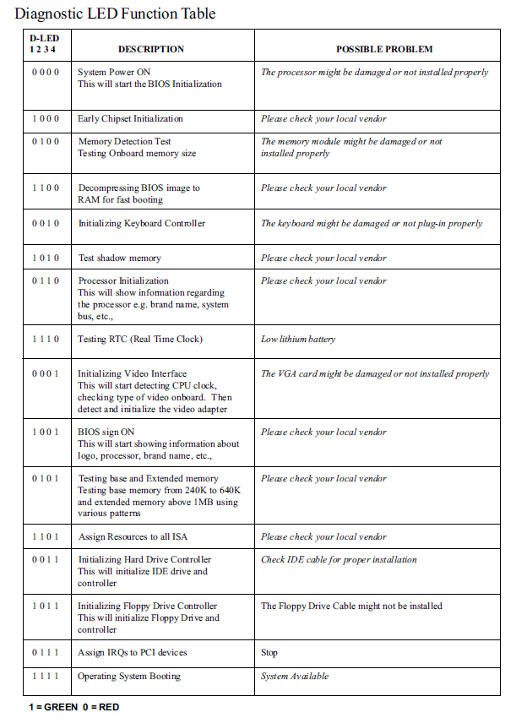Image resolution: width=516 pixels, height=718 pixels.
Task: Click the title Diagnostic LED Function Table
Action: (115, 14)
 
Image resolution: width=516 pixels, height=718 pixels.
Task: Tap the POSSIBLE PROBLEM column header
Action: (383, 49)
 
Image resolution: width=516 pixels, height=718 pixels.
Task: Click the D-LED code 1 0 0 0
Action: (46, 119)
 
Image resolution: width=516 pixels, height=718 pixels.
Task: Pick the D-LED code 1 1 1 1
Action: (46, 677)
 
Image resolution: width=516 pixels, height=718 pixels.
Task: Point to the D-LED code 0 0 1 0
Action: (46, 224)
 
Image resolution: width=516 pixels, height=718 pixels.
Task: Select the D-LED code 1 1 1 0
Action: (46, 340)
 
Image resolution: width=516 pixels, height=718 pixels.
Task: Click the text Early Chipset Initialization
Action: (130, 119)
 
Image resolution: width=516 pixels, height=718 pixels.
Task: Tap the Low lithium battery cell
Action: (298, 340)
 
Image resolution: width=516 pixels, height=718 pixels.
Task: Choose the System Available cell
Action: (295, 677)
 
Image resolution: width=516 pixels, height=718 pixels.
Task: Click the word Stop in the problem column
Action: (269, 653)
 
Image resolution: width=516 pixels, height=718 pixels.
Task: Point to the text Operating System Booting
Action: (129, 677)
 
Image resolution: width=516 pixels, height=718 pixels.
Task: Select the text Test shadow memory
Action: (119, 258)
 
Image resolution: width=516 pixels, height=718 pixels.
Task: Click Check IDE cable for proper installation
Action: (339, 560)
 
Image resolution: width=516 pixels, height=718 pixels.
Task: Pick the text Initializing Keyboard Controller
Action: (142, 224)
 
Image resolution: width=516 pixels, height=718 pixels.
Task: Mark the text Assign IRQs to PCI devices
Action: (133, 653)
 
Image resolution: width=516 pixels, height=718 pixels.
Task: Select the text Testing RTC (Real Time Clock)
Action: (140, 340)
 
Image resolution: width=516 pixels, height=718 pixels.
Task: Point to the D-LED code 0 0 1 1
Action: (46, 560)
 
